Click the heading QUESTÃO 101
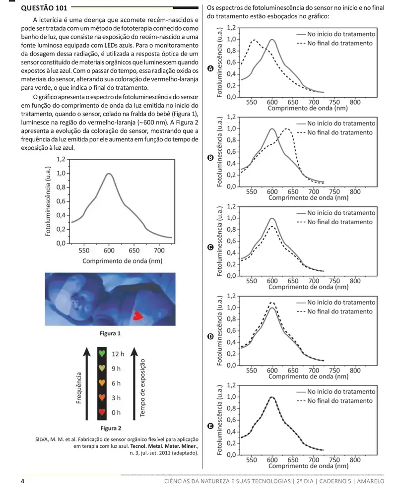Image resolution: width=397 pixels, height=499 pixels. (x=44, y=8)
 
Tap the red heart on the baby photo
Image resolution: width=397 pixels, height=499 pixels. (x=138, y=315)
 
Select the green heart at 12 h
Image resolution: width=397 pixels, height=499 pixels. (x=102, y=353)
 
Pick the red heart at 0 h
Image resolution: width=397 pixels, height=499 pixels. (x=102, y=412)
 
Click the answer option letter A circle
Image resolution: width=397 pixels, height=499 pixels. (x=210, y=68)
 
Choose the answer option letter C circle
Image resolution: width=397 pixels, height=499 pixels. (x=210, y=248)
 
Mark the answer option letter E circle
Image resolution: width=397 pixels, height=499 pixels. (x=210, y=426)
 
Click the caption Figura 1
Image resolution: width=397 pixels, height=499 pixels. (x=110, y=333)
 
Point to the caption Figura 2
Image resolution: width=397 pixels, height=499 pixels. (x=111, y=428)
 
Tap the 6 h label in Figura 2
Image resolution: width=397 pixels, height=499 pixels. (x=116, y=383)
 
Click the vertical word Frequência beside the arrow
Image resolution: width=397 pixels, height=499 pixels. (x=78, y=388)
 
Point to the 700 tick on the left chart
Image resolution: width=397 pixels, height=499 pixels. (x=159, y=250)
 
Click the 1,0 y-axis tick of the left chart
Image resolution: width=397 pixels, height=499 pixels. (x=61, y=173)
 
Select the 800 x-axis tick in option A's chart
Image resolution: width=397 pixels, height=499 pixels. (x=355, y=102)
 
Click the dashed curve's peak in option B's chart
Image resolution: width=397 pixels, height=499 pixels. (x=287, y=129)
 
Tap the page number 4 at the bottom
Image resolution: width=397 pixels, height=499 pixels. (x=23, y=481)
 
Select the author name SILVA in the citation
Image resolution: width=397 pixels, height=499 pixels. (x=41, y=439)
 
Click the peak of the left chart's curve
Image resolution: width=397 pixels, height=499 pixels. (x=109, y=174)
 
